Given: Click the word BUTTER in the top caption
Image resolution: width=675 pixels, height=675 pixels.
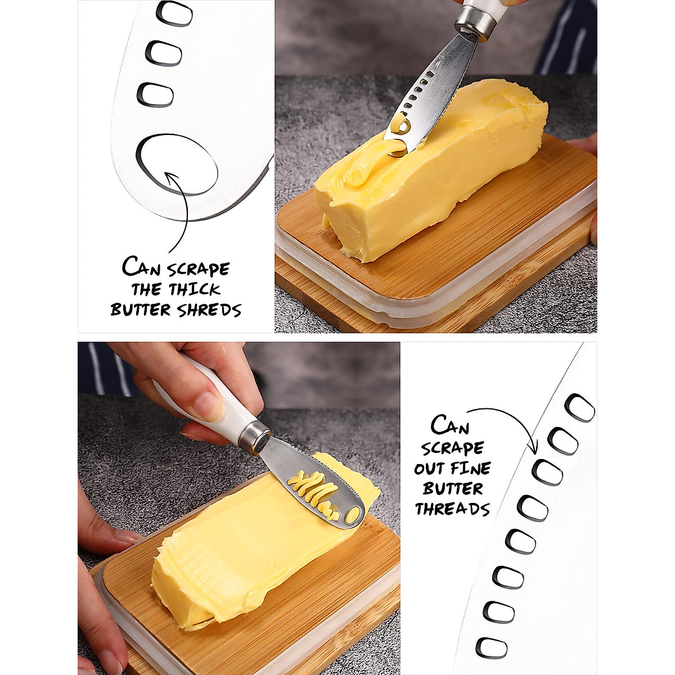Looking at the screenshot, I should [x=140, y=310].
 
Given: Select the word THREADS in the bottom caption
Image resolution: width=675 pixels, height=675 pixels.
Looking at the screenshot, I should [x=452, y=509].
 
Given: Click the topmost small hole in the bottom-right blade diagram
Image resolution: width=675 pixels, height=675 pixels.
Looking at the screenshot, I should [x=579, y=408].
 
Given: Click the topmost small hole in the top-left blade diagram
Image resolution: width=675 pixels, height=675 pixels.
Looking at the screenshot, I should [x=174, y=13].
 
